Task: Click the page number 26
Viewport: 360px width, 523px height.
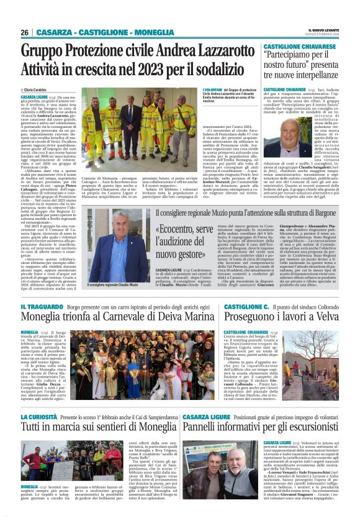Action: pyautogui.click(x=24, y=32)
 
